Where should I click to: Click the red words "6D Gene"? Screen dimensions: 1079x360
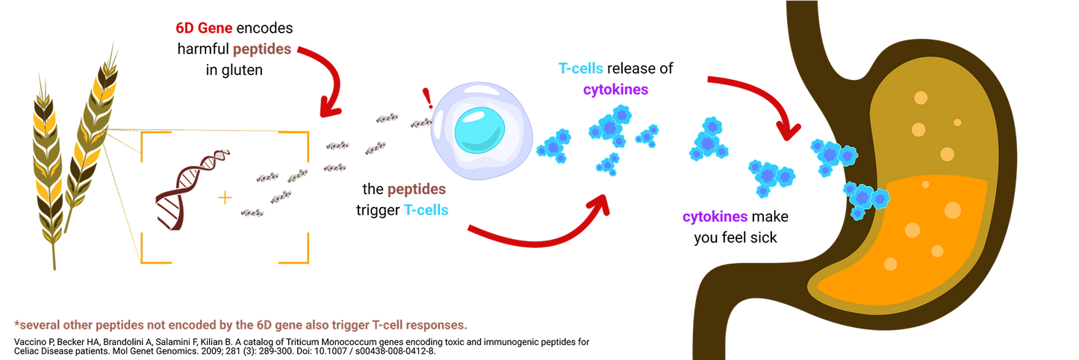coord(204,28)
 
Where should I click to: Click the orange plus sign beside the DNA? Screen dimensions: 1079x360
coord(225,198)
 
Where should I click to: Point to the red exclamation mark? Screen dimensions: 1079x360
coord(427,98)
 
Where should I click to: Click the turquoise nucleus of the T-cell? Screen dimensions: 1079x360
coord(480,130)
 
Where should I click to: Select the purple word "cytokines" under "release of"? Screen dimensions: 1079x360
coord(615,90)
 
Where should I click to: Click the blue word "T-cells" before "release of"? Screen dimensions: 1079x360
coord(580,69)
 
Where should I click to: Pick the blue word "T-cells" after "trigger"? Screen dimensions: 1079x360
coord(426,210)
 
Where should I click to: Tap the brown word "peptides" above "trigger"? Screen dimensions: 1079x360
coord(417,190)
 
